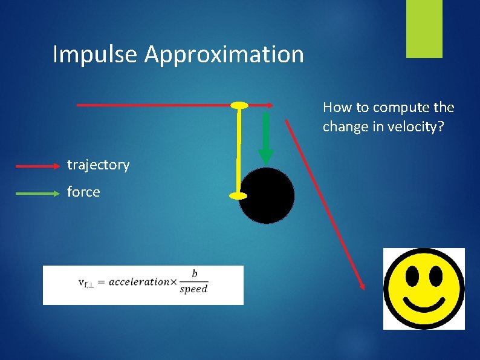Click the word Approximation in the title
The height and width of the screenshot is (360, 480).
click(224, 54)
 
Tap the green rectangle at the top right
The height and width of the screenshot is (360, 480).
click(424, 29)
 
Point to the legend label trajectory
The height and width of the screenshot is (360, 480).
click(98, 165)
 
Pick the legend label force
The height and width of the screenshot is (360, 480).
click(83, 192)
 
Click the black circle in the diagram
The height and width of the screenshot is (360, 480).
click(267, 195)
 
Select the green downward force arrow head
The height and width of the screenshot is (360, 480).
click(266, 157)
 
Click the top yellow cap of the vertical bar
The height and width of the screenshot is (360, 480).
click(239, 106)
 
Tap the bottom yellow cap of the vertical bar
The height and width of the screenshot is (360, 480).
click(239, 195)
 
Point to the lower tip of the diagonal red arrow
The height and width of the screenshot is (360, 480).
click(363, 287)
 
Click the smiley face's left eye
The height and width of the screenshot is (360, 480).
click(412, 275)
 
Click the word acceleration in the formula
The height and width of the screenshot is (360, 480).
click(138, 281)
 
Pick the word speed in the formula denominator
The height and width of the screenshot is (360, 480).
click(194, 289)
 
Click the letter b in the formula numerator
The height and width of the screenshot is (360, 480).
click(194, 274)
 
